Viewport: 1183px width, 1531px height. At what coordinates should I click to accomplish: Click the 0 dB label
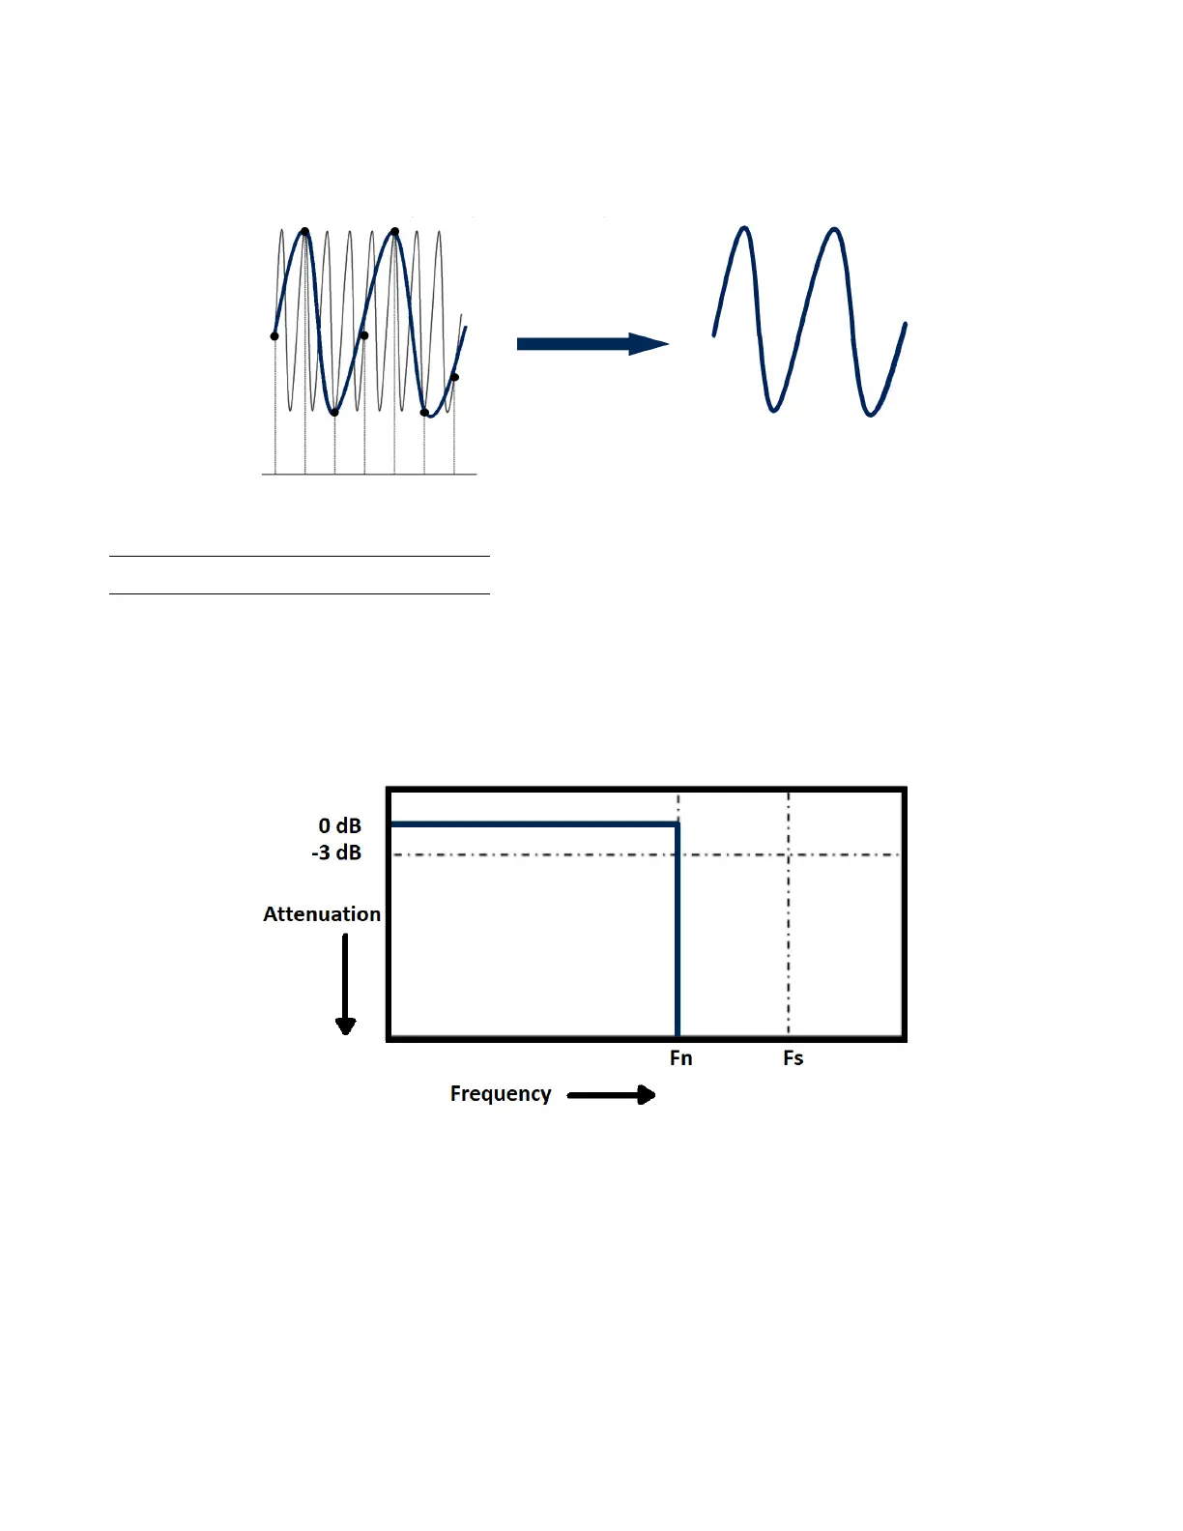(339, 826)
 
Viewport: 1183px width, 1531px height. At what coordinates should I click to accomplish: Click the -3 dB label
(336, 852)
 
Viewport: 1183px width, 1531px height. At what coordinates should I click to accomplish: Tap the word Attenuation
(322, 914)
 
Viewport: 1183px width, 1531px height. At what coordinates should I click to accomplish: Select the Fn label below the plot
(680, 1058)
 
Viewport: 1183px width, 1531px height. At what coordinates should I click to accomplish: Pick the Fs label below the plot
(793, 1058)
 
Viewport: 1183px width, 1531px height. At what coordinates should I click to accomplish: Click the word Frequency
(501, 1094)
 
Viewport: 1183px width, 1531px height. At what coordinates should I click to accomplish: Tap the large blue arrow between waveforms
(592, 344)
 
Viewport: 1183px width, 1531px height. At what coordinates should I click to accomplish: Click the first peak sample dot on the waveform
(304, 232)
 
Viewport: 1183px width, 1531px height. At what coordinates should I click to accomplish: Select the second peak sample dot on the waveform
(394, 232)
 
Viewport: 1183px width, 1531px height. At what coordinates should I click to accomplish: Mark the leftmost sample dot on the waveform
(274, 336)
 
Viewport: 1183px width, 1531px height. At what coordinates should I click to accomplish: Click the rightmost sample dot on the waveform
(454, 377)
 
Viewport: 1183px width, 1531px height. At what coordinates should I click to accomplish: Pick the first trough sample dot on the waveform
(334, 413)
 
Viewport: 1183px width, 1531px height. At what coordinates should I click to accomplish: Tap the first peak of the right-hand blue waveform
(744, 229)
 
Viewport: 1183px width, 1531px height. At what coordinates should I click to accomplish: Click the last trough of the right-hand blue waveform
(870, 414)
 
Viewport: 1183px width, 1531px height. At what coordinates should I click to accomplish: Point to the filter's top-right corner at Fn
(678, 824)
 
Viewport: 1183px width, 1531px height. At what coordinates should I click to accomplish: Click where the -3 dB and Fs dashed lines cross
(789, 854)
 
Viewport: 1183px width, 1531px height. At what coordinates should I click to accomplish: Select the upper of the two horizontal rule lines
(300, 557)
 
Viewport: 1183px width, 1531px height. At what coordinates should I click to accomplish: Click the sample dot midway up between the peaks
(364, 335)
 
